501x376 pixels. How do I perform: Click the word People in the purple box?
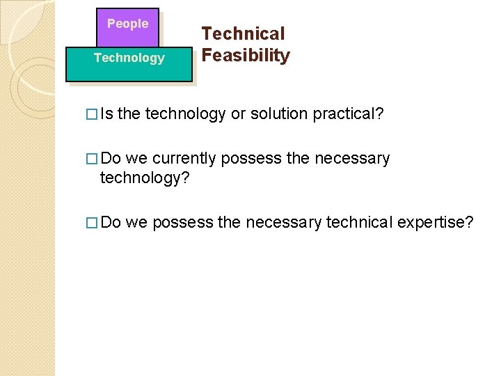127,24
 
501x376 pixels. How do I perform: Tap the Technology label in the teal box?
129,58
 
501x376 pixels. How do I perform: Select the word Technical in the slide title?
243,33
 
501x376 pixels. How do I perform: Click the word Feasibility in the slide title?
245,56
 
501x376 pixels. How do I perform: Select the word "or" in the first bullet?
238,114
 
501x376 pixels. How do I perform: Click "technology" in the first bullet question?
185,114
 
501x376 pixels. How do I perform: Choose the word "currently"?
184,159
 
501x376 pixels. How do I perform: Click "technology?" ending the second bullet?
145,178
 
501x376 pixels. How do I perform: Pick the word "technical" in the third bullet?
360,222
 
